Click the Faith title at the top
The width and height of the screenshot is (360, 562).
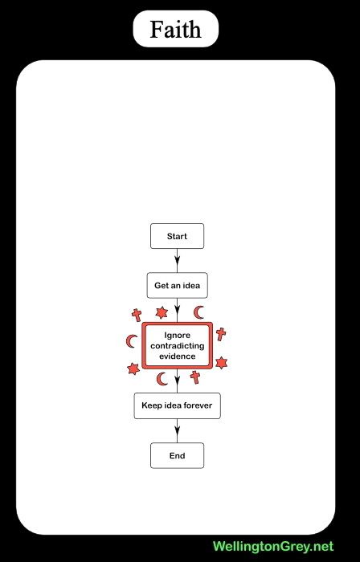pos(175,29)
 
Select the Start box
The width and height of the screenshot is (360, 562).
pos(177,236)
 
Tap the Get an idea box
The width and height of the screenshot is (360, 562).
pos(177,285)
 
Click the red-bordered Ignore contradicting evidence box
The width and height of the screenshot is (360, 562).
pos(177,345)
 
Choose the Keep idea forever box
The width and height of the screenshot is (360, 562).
pos(177,405)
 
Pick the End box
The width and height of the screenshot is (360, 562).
pos(177,455)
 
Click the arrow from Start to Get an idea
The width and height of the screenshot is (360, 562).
pos(177,261)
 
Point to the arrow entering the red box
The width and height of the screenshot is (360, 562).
pos(177,311)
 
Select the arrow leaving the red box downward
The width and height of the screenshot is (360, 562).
pos(177,381)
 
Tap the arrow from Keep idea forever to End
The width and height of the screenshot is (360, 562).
pos(177,431)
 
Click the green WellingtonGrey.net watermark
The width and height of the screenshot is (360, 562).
pos(273,547)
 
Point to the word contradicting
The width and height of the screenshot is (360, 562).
pos(177,346)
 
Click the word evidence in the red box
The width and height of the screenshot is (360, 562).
pos(177,356)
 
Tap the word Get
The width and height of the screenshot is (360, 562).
pos(160,286)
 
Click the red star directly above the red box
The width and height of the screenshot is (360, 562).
pos(162,313)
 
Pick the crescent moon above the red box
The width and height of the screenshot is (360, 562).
pos(198,312)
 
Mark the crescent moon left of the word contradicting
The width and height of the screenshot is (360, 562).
pos(130,341)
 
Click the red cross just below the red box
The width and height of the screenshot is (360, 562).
pos(195,377)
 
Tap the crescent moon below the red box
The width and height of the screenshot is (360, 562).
pos(161,379)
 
